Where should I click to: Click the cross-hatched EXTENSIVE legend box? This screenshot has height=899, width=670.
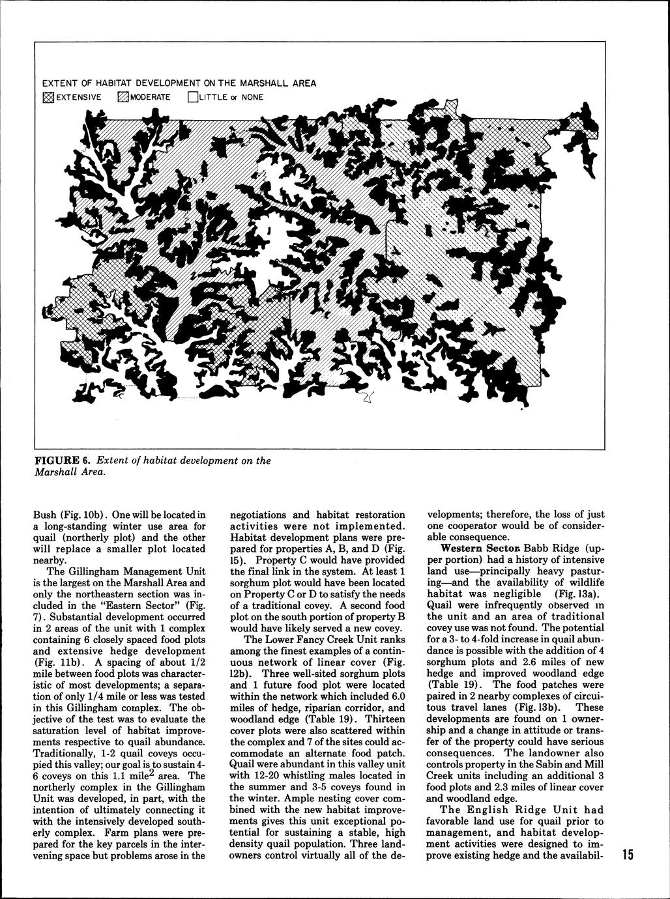pos(46,98)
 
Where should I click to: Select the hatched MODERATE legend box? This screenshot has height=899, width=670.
pos(122,98)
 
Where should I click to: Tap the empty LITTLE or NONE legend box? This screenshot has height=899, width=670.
pos(192,98)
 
